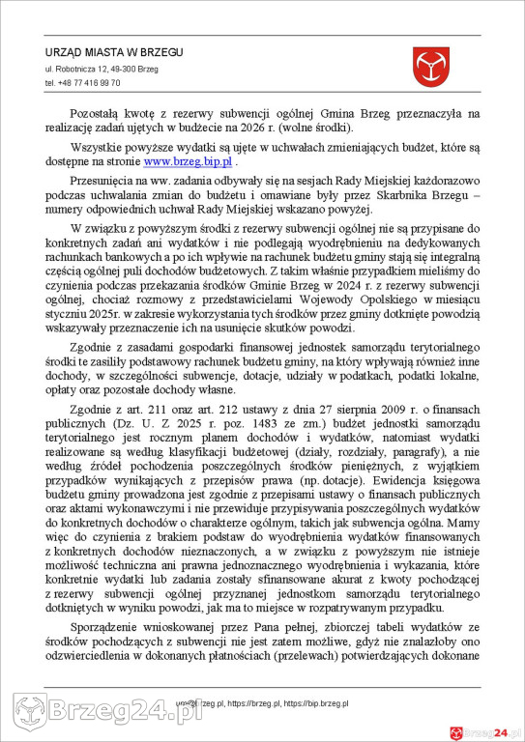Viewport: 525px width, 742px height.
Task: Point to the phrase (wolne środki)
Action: [319, 128]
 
